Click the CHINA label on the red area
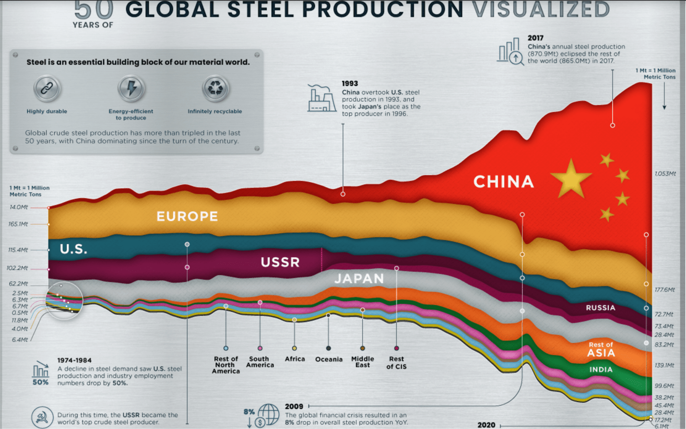click(x=503, y=182)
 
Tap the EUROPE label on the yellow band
click(x=187, y=216)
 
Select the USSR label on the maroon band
click(x=280, y=262)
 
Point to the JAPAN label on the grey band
click(x=359, y=278)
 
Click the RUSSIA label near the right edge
click(x=600, y=308)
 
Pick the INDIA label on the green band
click(x=601, y=369)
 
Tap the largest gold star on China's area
click(x=570, y=178)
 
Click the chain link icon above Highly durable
click(x=47, y=89)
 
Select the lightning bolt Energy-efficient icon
click(x=131, y=88)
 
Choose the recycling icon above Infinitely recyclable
click(x=215, y=88)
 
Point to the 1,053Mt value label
click(x=665, y=174)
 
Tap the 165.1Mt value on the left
click(x=18, y=224)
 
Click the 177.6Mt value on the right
click(x=664, y=290)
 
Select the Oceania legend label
click(x=329, y=359)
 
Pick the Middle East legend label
click(x=362, y=362)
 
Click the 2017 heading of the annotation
click(x=535, y=38)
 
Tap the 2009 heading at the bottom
click(x=294, y=406)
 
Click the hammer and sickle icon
click(x=42, y=417)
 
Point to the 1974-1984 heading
click(x=74, y=360)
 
